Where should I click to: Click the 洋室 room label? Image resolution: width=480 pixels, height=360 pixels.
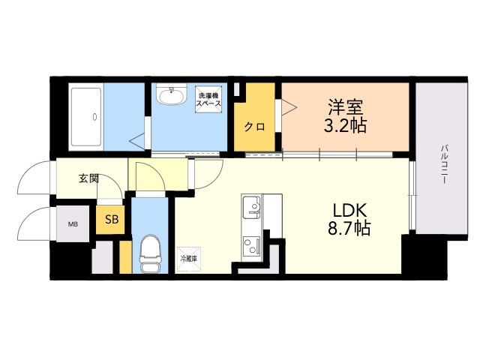click(x=345, y=106)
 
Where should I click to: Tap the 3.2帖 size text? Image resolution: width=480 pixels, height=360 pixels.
click(x=345, y=125)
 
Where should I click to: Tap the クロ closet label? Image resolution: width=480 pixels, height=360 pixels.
click(x=253, y=126)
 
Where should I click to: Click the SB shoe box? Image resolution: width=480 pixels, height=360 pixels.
click(x=111, y=219)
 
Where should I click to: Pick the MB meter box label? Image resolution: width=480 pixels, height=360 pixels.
click(x=73, y=223)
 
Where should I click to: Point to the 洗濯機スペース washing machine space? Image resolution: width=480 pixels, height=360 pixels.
click(x=208, y=100)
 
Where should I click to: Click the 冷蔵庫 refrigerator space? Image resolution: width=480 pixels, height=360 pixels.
click(x=188, y=259)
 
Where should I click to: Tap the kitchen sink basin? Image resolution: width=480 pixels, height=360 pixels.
click(x=250, y=205)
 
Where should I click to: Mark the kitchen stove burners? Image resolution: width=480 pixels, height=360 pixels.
click(x=250, y=244)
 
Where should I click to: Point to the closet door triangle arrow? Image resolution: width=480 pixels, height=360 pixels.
click(x=286, y=108)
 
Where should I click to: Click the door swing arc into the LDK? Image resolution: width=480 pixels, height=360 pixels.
click(x=208, y=174)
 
